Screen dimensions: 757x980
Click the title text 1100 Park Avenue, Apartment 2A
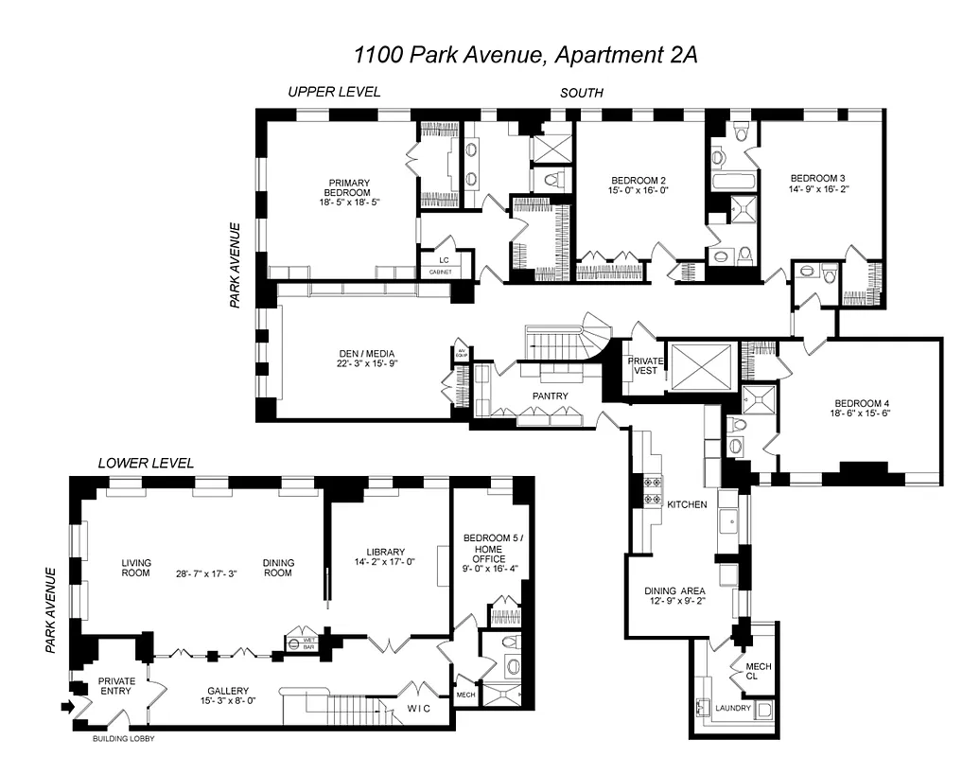click(x=525, y=54)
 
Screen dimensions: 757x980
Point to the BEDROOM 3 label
click(x=817, y=178)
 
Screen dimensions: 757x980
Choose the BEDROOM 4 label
click(x=860, y=403)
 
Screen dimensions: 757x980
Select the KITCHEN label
click(x=687, y=504)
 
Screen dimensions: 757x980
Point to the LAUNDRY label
click(x=733, y=708)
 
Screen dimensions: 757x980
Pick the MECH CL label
click(x=758, y=672)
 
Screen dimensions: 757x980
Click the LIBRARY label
click(x=385, y=552)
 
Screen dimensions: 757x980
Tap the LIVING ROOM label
click(x=135, y=567)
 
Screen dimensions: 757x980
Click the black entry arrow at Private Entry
click(x=65, y=705)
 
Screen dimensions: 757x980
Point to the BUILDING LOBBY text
click(x=123, y=739)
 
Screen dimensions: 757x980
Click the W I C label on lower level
click(x=418, y=708)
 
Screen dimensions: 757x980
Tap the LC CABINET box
click(x=442, y=264)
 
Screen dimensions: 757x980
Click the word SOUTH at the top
click(x=582, y=93)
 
